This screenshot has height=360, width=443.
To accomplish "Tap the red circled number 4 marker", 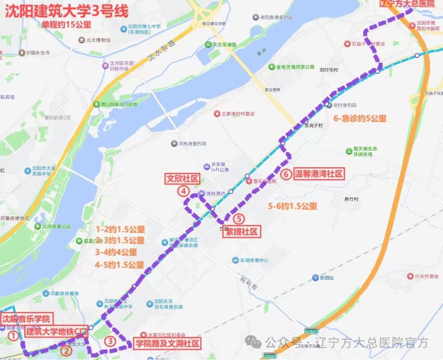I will [x=183, y=191].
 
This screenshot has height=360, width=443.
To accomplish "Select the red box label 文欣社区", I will [x=183, y=179].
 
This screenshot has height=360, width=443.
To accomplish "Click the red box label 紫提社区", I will [x=242, y=232].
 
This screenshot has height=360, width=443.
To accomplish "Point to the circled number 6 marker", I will [x=287, y=174].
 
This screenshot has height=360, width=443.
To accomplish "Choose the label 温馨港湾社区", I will [x=318, y=174].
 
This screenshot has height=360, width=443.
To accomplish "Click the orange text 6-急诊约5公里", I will [x=360, y=119].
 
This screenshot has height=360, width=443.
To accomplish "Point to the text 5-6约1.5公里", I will [x=292, y=206].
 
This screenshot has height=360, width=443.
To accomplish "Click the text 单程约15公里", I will [x=66, y=25].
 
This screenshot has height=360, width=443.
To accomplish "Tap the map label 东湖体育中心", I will [x=254, y=260].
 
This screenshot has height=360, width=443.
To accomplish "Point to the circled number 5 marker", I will [x=240, y=219].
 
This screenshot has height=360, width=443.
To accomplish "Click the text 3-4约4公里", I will [x=116, y=252].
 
